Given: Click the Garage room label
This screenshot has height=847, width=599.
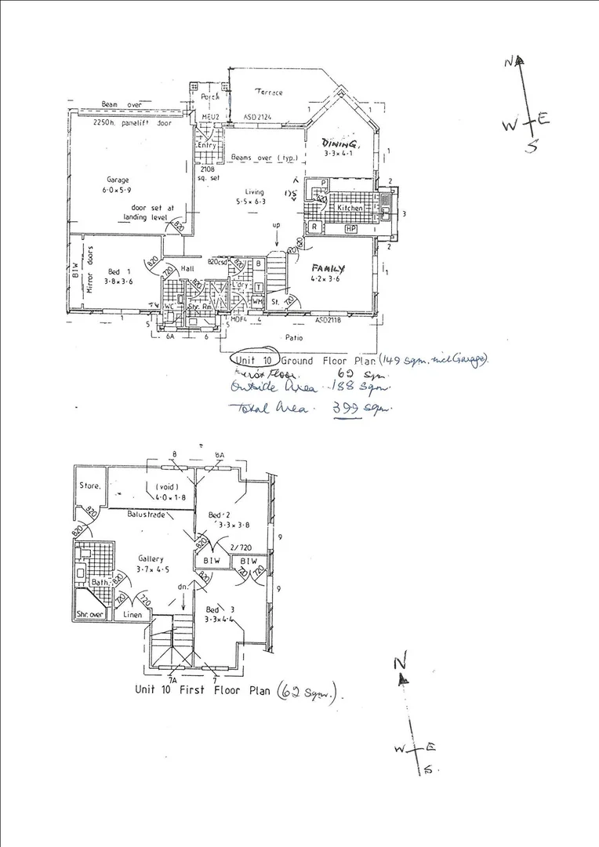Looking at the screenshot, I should click(x=118, y=180).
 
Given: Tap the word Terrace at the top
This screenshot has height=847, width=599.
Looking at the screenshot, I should click(x=267, y=93).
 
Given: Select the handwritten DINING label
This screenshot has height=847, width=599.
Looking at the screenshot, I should click(x=340, y=145).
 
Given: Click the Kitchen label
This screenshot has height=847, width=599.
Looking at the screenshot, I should click(x=350, y=209).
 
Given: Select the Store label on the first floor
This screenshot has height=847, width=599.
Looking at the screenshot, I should click(x=89, y=485).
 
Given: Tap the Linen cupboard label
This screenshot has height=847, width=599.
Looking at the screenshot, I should click(x=133, y=616).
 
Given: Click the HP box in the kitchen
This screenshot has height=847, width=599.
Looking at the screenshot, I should click(x=350, y=228).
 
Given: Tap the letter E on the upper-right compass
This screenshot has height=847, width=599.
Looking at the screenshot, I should click(x=543, y=118).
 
